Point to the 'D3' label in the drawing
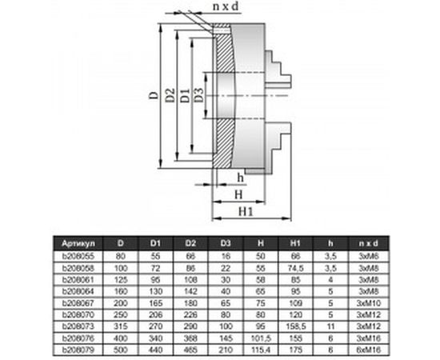[x=199, y=97]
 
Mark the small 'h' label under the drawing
[x=241, y=178]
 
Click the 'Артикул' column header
[x=79, y=241]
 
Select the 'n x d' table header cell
[x=369, y=241]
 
